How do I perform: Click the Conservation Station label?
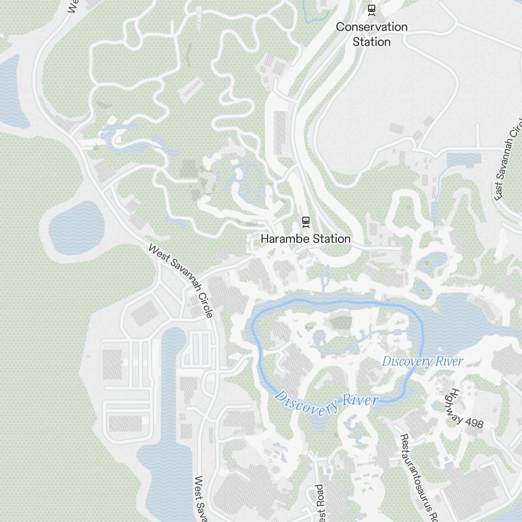(x=372, y=34)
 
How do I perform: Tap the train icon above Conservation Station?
(x=372, y=9)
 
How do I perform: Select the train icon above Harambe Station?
(x=305, y=222)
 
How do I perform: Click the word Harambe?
(x=284, y=239)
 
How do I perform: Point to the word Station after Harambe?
(x=330, y=239)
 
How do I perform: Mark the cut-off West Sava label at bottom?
(x=201, y=499)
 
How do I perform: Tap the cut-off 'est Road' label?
(x=320, y=504)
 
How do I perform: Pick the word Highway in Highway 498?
(x=459, y=402)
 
